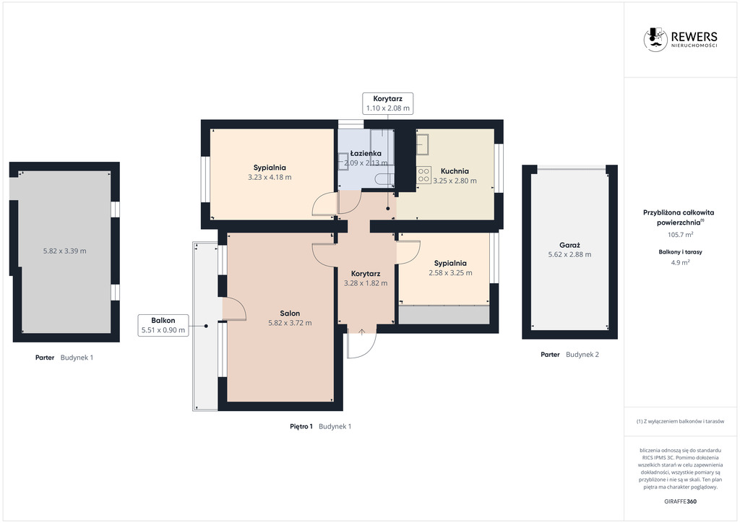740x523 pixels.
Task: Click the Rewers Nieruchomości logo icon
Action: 655,39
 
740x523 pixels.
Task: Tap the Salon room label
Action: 290,313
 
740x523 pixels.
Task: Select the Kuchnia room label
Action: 455,171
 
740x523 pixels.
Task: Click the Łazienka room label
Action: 366,153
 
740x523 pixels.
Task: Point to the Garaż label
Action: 569,245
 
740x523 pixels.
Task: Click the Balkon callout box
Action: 163,325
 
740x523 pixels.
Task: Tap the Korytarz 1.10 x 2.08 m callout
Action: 388,103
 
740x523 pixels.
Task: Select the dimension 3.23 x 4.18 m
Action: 270,177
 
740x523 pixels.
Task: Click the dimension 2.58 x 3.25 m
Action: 450,272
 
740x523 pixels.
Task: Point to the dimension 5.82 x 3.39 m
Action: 64,251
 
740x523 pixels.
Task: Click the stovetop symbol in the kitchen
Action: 423,176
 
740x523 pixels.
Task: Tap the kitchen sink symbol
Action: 422,144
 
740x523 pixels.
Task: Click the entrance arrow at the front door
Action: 361,332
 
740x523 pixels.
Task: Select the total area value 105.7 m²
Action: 680,234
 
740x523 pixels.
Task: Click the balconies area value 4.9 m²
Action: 680,263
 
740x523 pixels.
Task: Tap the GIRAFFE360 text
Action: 680,501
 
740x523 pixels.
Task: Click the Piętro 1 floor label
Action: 301,426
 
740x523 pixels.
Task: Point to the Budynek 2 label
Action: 582,355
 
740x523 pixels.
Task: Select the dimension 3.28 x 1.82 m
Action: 366,283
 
